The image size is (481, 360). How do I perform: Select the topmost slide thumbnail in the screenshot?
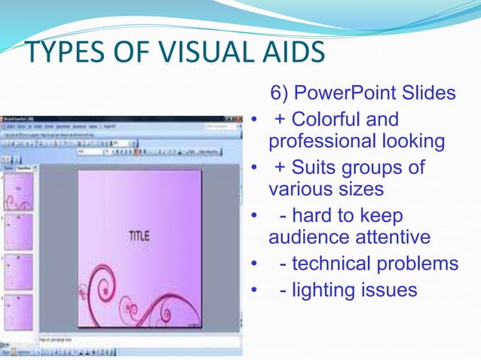18,191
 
